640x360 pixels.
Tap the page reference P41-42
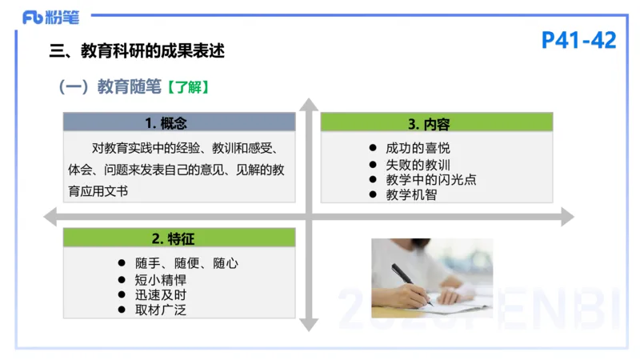tap(578, 40)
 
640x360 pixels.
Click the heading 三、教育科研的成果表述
tap(137, 52)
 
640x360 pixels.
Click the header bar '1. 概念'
tap(178, 122)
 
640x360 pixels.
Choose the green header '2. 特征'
tap(178, 238)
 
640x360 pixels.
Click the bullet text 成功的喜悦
tap(418, 148)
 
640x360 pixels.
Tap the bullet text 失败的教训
tap(418, 164)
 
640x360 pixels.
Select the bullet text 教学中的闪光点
tap(430, 179)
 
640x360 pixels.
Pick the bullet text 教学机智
tap(411, 194)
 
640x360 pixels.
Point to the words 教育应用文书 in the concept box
tap(98, 191)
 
